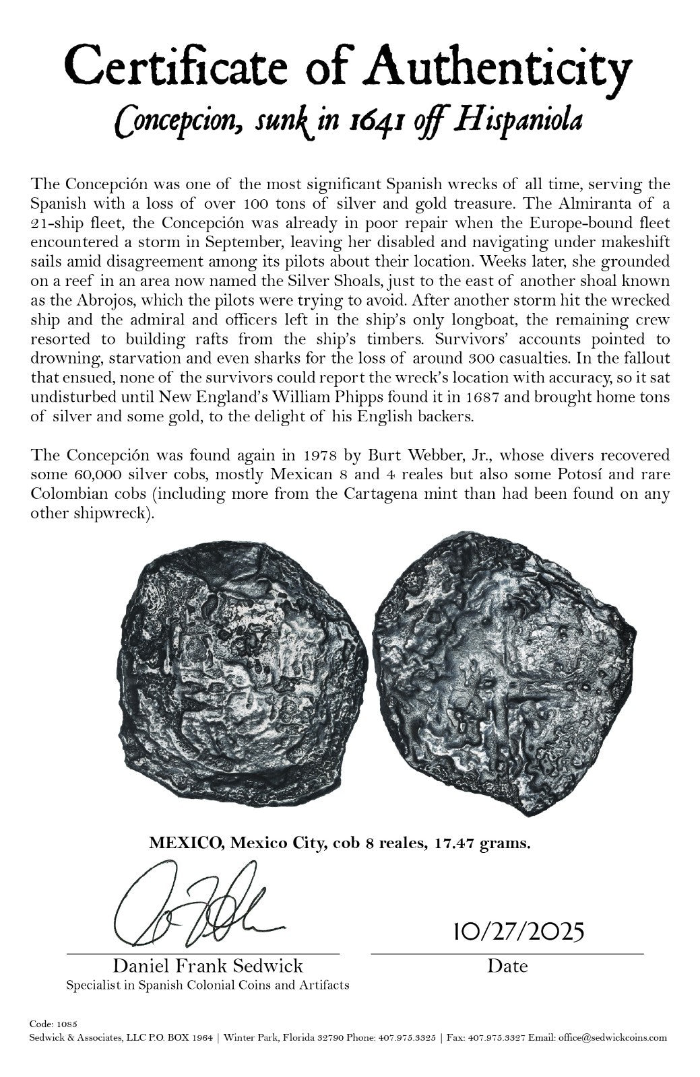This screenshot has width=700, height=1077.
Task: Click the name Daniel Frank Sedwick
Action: coord(208,967)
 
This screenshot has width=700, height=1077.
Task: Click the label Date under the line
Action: coord(507,967)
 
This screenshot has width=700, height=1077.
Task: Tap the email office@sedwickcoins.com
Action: coord(612,1037)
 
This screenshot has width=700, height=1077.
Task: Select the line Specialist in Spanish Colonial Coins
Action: coord(208,985)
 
